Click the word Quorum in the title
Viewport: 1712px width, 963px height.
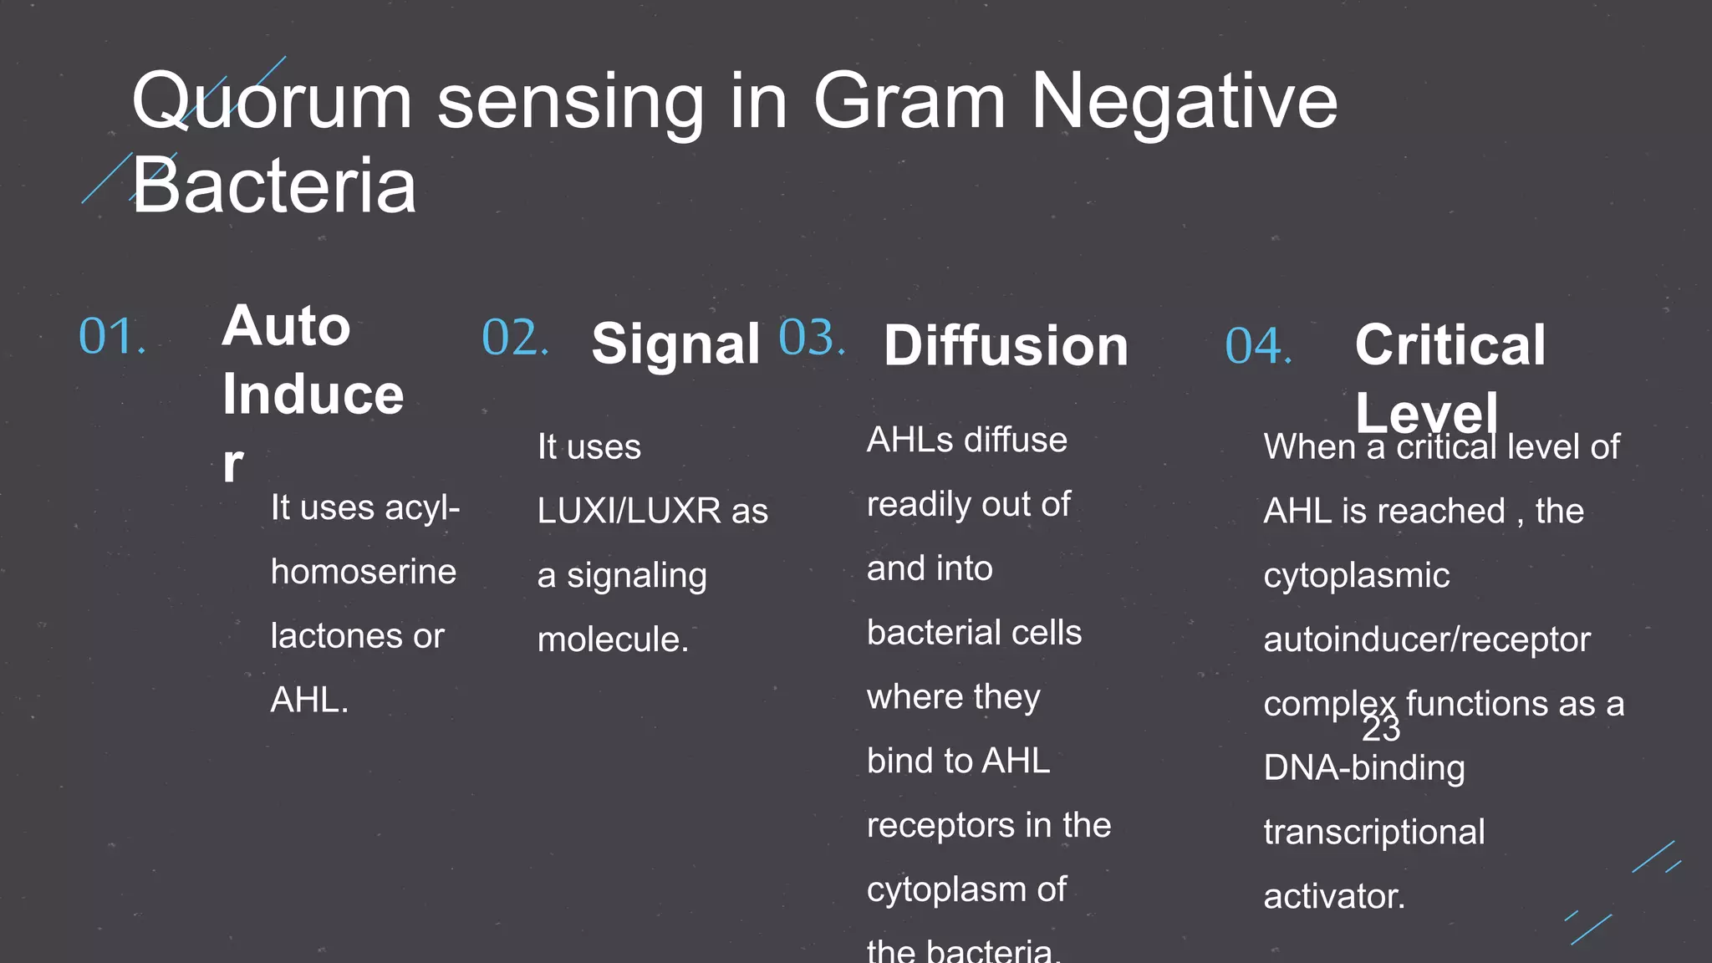pos(272,102)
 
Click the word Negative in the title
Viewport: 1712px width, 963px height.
pos(1184,102)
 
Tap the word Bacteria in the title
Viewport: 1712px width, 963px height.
pos(273,186)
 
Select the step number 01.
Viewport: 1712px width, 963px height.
pos(111,337)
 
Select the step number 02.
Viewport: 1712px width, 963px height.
pos(514,339)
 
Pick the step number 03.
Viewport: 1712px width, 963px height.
pos(811,339)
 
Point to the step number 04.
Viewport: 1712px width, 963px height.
pos(1257,346)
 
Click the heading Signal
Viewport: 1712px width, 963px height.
pos(675,344)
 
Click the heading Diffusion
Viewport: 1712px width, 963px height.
pos(1006,345)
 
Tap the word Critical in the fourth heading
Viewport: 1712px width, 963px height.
pos(1450,344)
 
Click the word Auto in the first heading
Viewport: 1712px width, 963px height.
pos(286,325)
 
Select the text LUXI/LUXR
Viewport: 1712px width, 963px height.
pos(629,511)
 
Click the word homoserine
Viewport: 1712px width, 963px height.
pos(364,573)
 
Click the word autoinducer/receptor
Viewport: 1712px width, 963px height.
pos(1426,640)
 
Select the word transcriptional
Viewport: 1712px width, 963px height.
pos(1373,833)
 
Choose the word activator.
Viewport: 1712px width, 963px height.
pos(1333,897)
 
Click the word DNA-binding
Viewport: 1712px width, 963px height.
pos(1363,768)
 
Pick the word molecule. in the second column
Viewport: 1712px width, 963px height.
pos(613,640)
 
